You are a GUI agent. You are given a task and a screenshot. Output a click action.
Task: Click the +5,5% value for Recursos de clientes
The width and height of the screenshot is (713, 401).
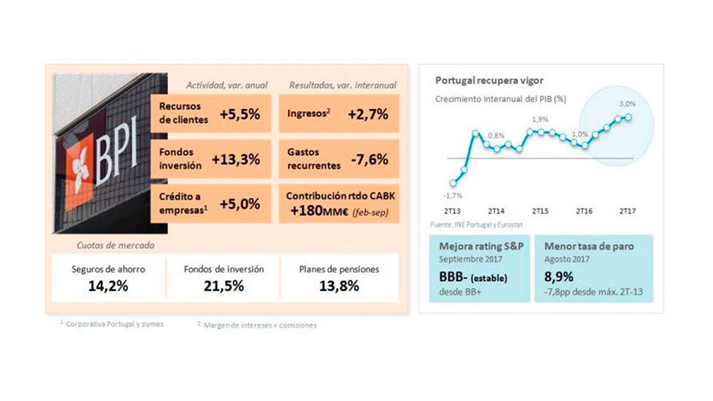tap(240, 114)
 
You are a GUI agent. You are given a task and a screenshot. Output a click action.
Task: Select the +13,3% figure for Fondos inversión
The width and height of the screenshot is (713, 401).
tap(236, 159)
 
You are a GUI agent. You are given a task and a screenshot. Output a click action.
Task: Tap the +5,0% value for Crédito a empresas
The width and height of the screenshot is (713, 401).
tap(240, 204)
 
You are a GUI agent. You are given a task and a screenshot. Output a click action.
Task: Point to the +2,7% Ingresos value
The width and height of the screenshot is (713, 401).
tap(368, 114)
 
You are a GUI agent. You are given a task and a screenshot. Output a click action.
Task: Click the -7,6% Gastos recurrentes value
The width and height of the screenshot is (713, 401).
tap(370, 159)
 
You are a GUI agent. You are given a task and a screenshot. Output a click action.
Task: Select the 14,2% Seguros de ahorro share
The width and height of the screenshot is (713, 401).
tap(107, 286)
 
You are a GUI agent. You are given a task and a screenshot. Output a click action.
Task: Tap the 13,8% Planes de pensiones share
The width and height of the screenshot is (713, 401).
tap(338, 286)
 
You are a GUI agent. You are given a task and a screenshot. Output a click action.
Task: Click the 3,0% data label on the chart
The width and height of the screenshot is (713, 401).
tap(626, 103)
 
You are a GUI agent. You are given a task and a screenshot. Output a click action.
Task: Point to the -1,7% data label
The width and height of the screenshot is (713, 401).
tap(453, 195)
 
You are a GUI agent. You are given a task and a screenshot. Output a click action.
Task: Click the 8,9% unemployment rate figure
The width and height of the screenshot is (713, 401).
tap(559, 277)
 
